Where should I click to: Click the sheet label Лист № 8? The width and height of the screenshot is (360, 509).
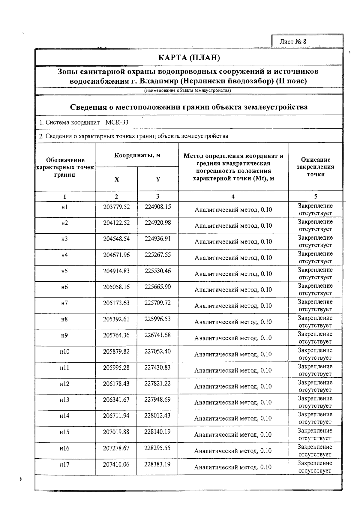click(x=292, y=42)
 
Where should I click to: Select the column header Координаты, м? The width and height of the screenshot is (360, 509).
click(x=137, y=155)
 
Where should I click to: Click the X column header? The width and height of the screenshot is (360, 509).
click(x=117, y=179)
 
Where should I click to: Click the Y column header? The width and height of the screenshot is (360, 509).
click(x=158, y=179)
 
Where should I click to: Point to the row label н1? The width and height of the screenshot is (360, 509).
click(x=64, y=207)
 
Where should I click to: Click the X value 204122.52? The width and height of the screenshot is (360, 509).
click(x=116, y=223)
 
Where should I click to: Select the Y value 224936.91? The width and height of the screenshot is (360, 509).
click(x=158, y=239)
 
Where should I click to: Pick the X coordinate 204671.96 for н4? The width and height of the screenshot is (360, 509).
click(x=116, y=255)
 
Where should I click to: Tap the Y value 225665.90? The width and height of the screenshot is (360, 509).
click(x=158, y=287)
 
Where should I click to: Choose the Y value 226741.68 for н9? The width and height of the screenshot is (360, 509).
click(x=157, y=335)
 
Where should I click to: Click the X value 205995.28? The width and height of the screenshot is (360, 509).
click(x=116, y=367)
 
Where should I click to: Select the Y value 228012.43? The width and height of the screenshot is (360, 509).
click(x=157, y=416)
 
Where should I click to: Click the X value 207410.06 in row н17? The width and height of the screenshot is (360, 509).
click(x=116, y=464)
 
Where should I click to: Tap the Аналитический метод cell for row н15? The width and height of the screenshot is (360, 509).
click(x=233, y=435)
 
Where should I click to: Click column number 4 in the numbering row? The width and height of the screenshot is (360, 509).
click(x=233, y=196)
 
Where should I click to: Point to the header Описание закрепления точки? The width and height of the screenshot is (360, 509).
click(x=316, y=167)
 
